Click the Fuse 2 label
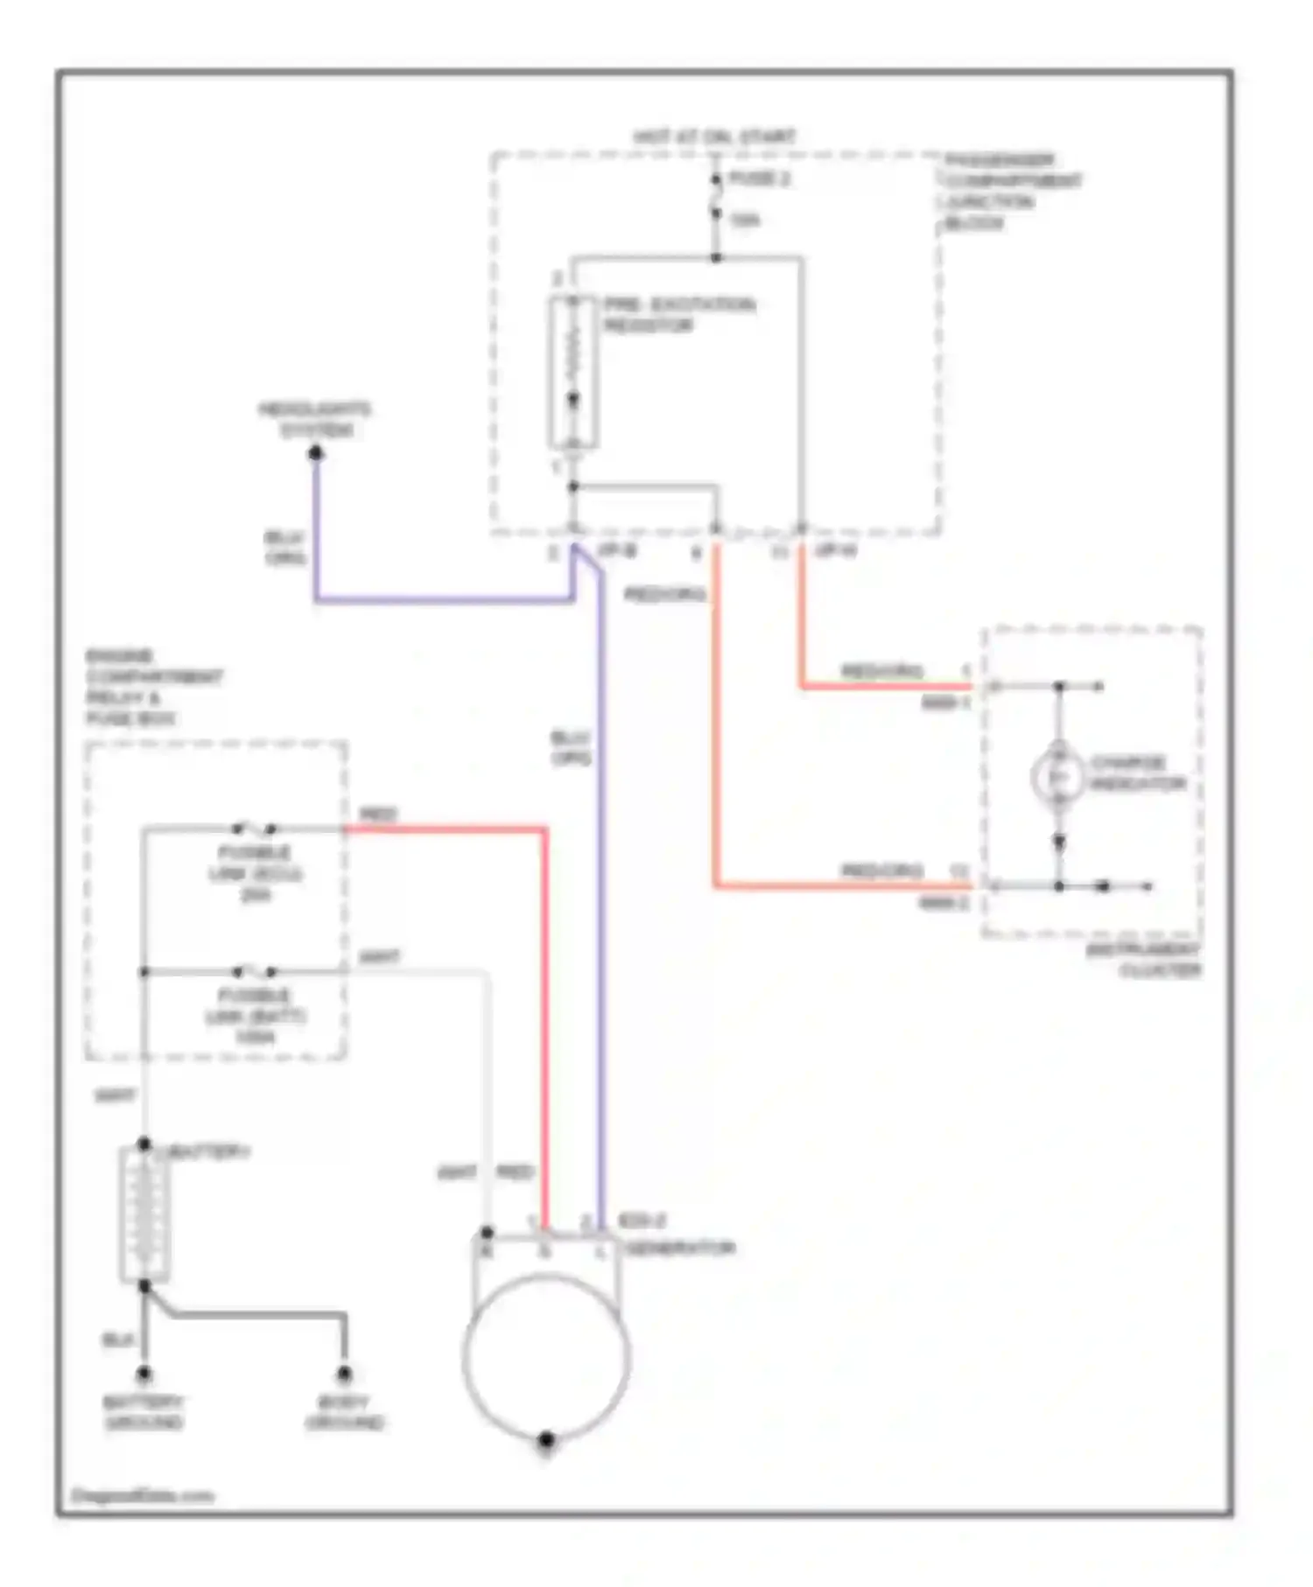tap(759, 179)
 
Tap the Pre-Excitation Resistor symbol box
tap(573, 372)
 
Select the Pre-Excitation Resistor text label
tap(678, 315)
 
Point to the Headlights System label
tap(314, 420)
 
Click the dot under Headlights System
tap(316, 453)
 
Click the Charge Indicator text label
tap(1138, 773)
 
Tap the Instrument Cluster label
tap(1145, 960)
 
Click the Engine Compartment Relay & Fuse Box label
tap(154, 687)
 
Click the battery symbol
tap(144, 1214)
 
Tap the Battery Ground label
tap(144, 1412)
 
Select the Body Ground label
tap(345, 1412)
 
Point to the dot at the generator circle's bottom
tap(546, 1439)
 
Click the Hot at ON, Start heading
tap(714, 137)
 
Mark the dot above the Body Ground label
tap(345, 1374)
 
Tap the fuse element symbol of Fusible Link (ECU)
tap(253, 828)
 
